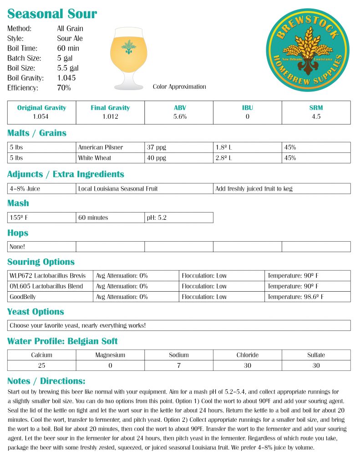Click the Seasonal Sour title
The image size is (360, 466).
pos(52,14)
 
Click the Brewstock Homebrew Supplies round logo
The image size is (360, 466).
pos(307,50)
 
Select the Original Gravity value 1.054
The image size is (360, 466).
pos(41,116)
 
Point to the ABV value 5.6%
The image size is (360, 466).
pos(179,116)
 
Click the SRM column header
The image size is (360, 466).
pos(316,108)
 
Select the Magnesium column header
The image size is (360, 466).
pos(110,355)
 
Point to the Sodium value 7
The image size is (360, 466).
pos(179,365)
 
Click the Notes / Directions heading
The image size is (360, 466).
pos(46,381)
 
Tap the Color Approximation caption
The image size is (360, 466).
pos(179,86)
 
